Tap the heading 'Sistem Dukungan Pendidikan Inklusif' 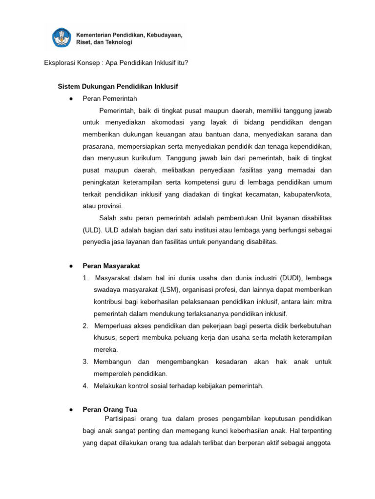[118, 86]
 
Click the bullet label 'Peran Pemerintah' [110, 98]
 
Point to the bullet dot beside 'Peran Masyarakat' [71, 266]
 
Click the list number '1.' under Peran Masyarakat [85, 278]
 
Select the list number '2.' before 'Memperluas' [85, 326]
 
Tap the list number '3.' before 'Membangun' [85, 362]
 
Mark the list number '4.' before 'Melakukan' [85, 386]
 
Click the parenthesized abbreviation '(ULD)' [92, 230]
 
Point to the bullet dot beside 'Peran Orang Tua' [71, 410]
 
